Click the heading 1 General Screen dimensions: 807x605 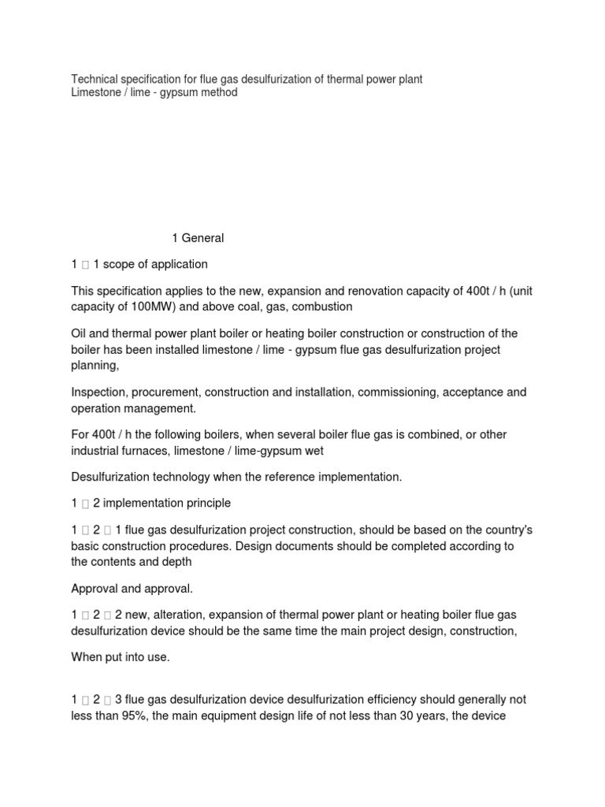point(198,238)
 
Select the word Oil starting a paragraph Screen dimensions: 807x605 point(80,334)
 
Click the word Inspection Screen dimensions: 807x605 point(99,392)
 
